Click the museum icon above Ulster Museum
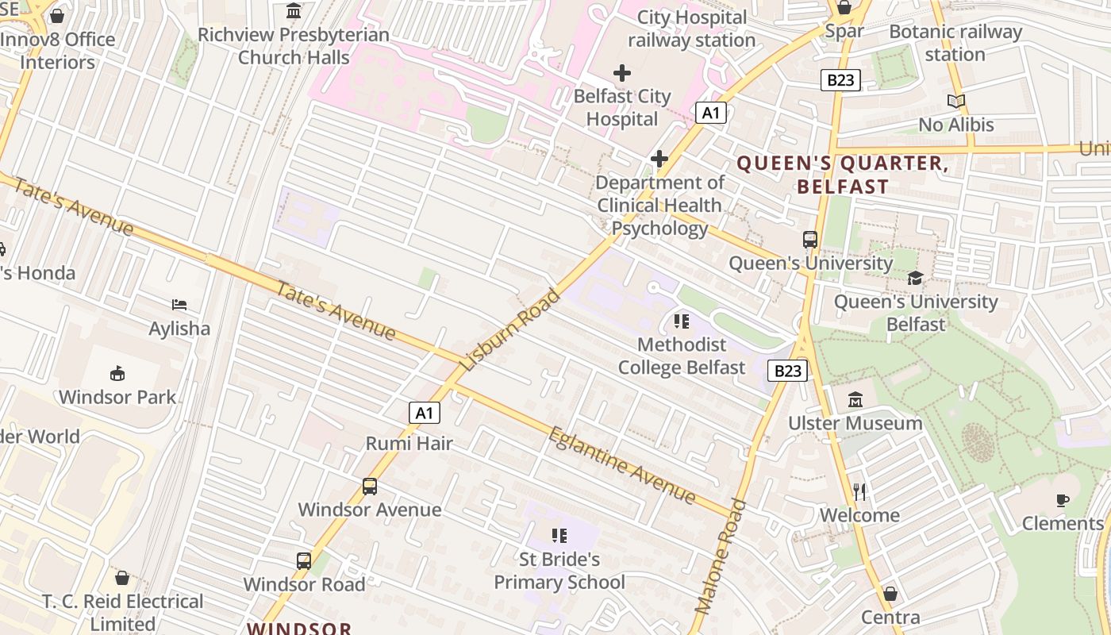point(855,399)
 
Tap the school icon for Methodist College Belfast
point(681,321)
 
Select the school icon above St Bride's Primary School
point(559,536)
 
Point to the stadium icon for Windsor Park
point(117,373)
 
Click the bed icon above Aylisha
point(180,305)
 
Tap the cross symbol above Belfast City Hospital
point(622,74)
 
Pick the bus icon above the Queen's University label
point(809,239)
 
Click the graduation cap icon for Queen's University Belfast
point(916,278)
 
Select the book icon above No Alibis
point(956,102)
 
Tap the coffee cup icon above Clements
point(1063,500)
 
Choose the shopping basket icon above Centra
point(890,594)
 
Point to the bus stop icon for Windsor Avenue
point(370,486)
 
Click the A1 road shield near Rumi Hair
point(425,413)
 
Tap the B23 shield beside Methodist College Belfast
point(788,371)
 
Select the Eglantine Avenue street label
point(622,465)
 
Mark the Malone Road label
point(721,556)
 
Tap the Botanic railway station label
point(955,43)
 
